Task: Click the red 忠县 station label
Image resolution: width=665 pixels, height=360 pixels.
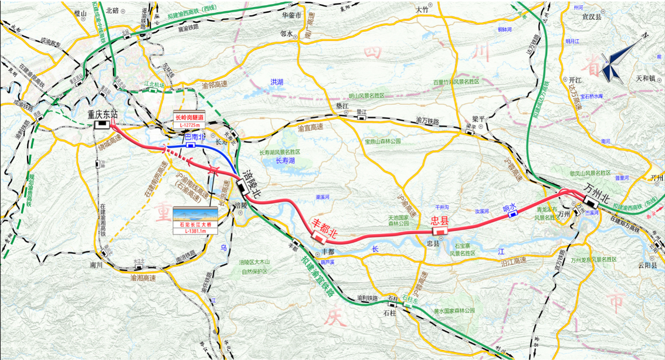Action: (439, 220)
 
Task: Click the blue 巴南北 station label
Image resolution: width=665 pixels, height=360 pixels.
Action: (195, 136)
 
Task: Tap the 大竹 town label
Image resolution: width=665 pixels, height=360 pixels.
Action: (422, 10)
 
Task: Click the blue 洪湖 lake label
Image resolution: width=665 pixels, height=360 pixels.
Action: (276, 82)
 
